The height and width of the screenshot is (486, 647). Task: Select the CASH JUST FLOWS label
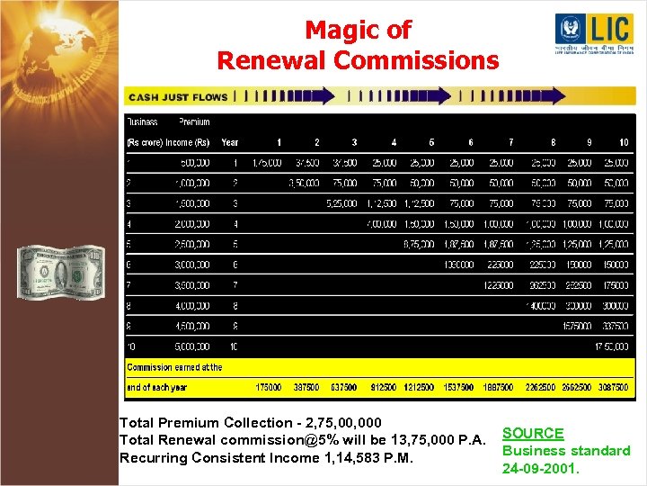179,96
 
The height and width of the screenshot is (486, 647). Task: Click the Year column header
230,142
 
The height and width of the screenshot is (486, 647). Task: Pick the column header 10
623,142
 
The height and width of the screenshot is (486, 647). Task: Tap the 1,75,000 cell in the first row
267,163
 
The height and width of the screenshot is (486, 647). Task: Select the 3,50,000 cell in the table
304,183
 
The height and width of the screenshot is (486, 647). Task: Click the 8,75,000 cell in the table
418,244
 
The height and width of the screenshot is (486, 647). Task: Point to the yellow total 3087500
612,387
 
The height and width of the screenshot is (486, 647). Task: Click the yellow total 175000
269,387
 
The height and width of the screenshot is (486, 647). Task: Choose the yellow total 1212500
418,387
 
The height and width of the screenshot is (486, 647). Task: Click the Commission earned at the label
174,367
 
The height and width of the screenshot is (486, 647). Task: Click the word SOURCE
533,433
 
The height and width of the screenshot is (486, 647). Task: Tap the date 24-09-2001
541,468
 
